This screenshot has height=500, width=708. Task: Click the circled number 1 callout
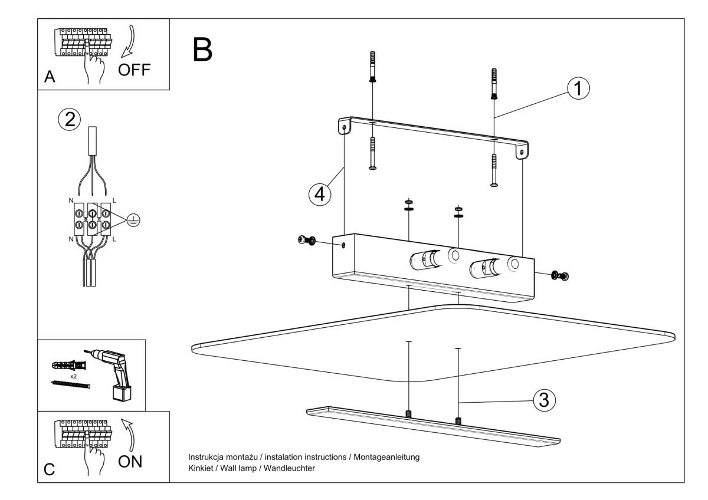click(578, 88)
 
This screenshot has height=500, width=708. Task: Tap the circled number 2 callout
click(69, 119)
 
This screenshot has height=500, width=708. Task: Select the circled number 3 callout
click(544, 400)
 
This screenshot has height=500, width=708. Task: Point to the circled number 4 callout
click(319, 194)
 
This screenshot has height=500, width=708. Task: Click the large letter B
click(202, 50)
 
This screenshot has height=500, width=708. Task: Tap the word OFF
click(134, 70)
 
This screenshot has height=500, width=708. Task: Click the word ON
click(130, 461)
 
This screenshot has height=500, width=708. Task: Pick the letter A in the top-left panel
click(50, 78)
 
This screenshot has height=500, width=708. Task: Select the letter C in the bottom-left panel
click(50, 469)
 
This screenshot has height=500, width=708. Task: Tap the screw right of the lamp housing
click(559, 275)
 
